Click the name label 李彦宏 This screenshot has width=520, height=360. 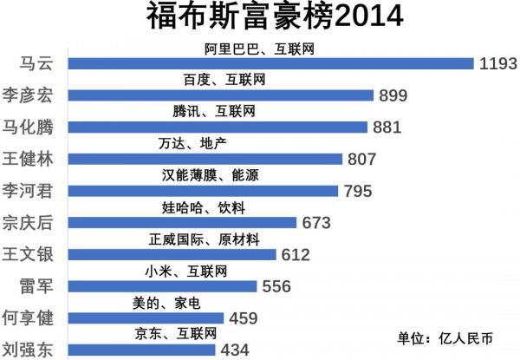click(31, 95)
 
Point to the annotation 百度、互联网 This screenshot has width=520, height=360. click(224, 80)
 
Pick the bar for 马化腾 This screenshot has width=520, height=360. click(216, 127)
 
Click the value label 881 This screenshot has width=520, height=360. click(387, 128)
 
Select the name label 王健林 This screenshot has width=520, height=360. click(31, 158)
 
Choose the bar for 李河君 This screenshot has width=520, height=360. click(203, 191)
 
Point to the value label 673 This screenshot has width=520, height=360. click(316, 223)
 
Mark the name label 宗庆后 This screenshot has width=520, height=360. click(31, 221)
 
